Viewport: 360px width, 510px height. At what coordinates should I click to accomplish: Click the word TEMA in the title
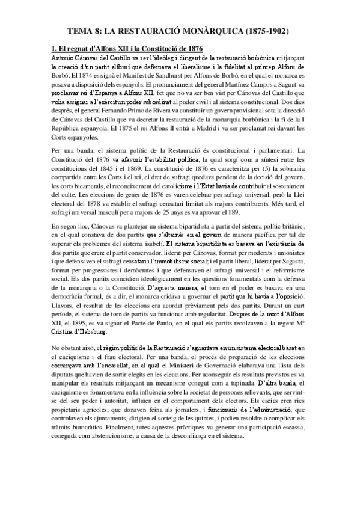pos(81,28)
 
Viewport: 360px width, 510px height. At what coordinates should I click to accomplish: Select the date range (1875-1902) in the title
pos(260,28)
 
